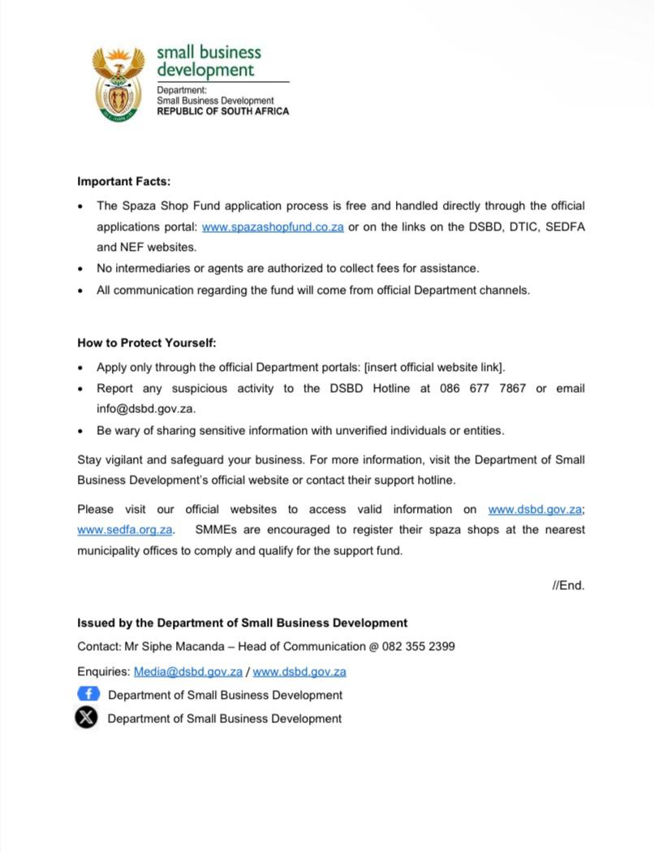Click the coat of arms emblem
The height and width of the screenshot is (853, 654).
click(x=118, y=84)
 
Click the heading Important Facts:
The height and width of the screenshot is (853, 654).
click(x=123, y=182)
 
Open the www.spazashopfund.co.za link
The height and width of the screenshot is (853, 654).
click(x=273, y=227)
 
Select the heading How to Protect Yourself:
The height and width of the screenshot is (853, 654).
click(x=147, y=342)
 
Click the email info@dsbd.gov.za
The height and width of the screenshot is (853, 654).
click(x=146, y=409)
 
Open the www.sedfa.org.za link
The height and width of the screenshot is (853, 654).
click(x=125, y=530)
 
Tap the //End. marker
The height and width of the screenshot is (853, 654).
click(x=568, y=585)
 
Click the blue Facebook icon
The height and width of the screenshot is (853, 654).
click(x=88, y=694)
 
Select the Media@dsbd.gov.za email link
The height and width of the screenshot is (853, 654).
click(x=188, y=672)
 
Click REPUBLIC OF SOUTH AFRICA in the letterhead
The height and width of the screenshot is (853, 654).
click(x=222, y=111)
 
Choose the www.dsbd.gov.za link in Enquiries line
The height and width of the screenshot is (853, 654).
click(x=299, y=672)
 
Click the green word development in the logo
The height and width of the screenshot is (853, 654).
click(x=205, y=70)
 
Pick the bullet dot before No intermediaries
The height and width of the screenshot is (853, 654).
click(x=80, y=269)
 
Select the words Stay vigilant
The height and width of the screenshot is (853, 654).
click(x=111, y=460)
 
